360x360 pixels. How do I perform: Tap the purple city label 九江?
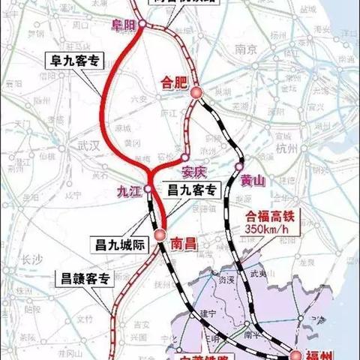click(x=129, y=190)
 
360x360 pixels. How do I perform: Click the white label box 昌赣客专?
click(x=85, y=279)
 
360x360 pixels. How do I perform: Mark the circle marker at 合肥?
click(x=196, y=92)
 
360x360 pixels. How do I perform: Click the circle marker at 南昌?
click(x=160, y=235)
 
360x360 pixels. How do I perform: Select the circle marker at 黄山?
click(x=238, y=166)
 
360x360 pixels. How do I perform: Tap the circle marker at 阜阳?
click(x=142, y=33)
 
